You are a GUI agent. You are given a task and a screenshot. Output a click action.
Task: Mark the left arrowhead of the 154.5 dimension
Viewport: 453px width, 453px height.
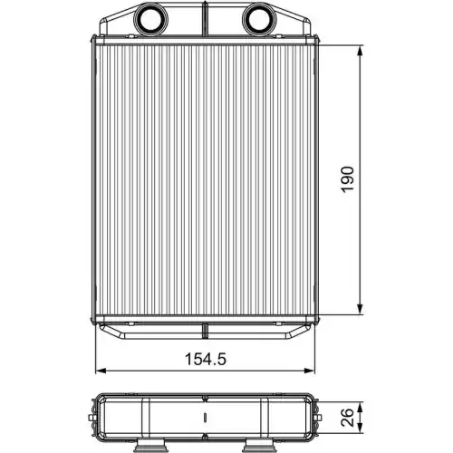(100, 370)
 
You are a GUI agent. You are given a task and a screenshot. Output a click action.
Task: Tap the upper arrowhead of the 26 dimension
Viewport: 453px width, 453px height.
(362, 400)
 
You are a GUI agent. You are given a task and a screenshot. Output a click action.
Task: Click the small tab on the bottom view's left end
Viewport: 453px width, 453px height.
(95, 419)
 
